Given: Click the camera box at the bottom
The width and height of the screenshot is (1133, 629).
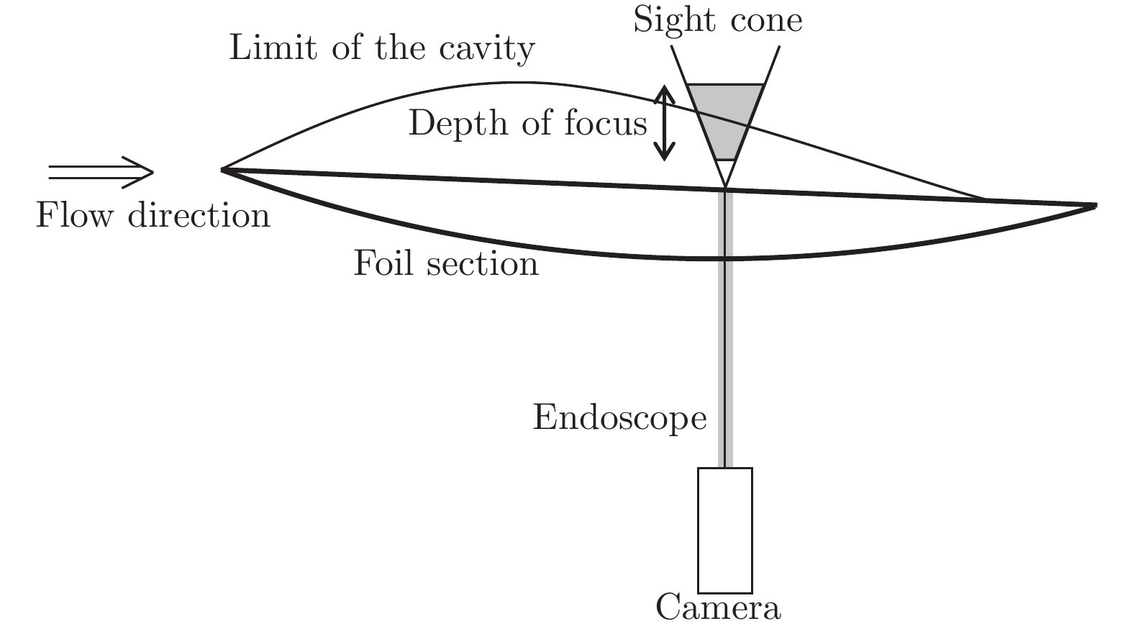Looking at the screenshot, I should click(x=724, y=530).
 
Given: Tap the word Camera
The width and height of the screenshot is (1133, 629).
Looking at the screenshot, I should click(x=718, y=607).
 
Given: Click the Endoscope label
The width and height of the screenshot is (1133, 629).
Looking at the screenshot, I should click(x=619, y=417).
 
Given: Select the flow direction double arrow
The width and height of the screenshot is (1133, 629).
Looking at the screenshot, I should click(x=101, y=172).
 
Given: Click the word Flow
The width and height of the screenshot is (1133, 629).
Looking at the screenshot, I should click(x=75, y=215).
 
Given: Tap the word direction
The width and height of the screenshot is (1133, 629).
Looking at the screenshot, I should click(x=199, y=215).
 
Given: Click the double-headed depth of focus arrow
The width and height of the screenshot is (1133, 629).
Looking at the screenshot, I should click(x=664, y=123).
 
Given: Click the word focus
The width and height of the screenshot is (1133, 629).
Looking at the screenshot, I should click(x=606, y=123).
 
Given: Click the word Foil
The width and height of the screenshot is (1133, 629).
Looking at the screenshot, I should click(x=382, y=263).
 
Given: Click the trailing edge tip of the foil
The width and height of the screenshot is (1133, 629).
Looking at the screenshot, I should click(x=1094, y=205).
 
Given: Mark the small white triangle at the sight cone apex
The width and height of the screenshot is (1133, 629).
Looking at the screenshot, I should click(x=725, y=172).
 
